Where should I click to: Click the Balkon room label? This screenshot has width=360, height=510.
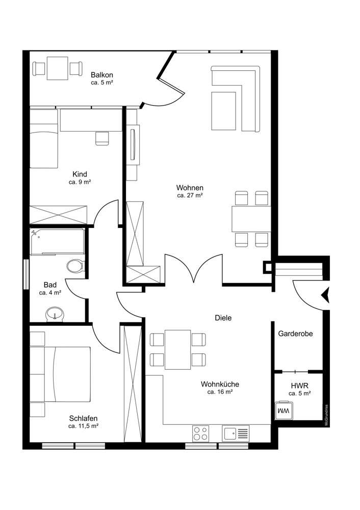(x=102, y=75)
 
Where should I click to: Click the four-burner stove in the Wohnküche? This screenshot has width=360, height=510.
(x=200, y=433)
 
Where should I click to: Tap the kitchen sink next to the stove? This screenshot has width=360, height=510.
(x=236, y=433)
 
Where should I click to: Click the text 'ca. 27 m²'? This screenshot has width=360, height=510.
(x=190, y=195)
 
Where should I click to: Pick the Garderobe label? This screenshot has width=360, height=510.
(x=295, y=334)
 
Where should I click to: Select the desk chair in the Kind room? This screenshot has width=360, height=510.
(x=102, y=138)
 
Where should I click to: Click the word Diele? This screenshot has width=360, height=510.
(x=223, y=318)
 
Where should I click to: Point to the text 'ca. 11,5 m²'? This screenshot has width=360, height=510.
(x=84, y=426)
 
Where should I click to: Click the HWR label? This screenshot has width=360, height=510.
(x=299, y=386)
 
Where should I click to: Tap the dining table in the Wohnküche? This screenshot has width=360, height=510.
(x=178, y=349)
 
